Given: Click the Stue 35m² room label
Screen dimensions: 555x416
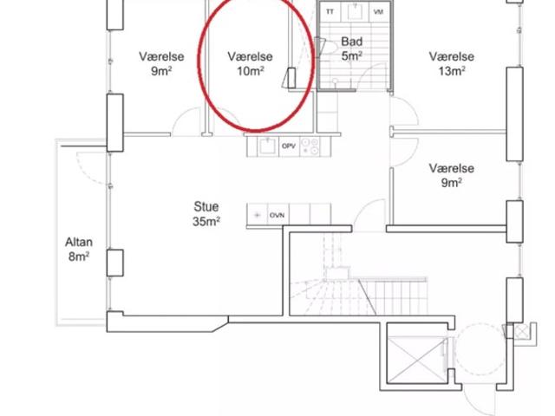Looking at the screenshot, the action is [x=206, y=214].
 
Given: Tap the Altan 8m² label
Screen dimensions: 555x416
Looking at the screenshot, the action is [x=79, y=249].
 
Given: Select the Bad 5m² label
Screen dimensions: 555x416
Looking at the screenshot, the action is [x=352, y=49].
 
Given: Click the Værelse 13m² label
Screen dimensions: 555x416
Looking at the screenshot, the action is [x=451, y=63].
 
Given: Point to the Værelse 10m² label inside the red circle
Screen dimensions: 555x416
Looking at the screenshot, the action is [x=250, y=63].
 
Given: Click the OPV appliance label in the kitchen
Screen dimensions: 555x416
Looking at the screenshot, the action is [x=289, y=146].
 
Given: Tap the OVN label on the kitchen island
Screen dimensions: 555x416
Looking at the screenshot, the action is [x=277, y=215].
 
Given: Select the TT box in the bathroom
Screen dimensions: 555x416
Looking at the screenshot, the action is [x=330, y=11].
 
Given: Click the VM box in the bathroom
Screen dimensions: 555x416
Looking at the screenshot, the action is [x=378, y=11].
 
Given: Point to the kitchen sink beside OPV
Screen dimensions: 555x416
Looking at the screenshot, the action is [x=268, y=146].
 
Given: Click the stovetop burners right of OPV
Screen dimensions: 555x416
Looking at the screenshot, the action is [x=310, y=146].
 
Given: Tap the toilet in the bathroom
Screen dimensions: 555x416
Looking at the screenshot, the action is [x=328, y=46].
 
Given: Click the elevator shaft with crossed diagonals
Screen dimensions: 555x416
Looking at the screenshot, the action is [x=417, y=359].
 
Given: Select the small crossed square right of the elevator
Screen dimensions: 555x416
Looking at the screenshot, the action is [x=521, y=332].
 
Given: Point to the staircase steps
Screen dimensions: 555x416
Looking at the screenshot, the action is [x=357, y=296].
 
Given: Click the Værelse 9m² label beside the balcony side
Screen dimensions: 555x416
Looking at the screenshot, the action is [x=161, y=63].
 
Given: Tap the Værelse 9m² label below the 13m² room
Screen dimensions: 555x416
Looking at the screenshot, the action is [x=451, y=175].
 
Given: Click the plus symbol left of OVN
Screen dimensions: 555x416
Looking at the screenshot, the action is [x=258, y=215].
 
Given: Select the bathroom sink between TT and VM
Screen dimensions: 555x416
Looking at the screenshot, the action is [x=354, y=10].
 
